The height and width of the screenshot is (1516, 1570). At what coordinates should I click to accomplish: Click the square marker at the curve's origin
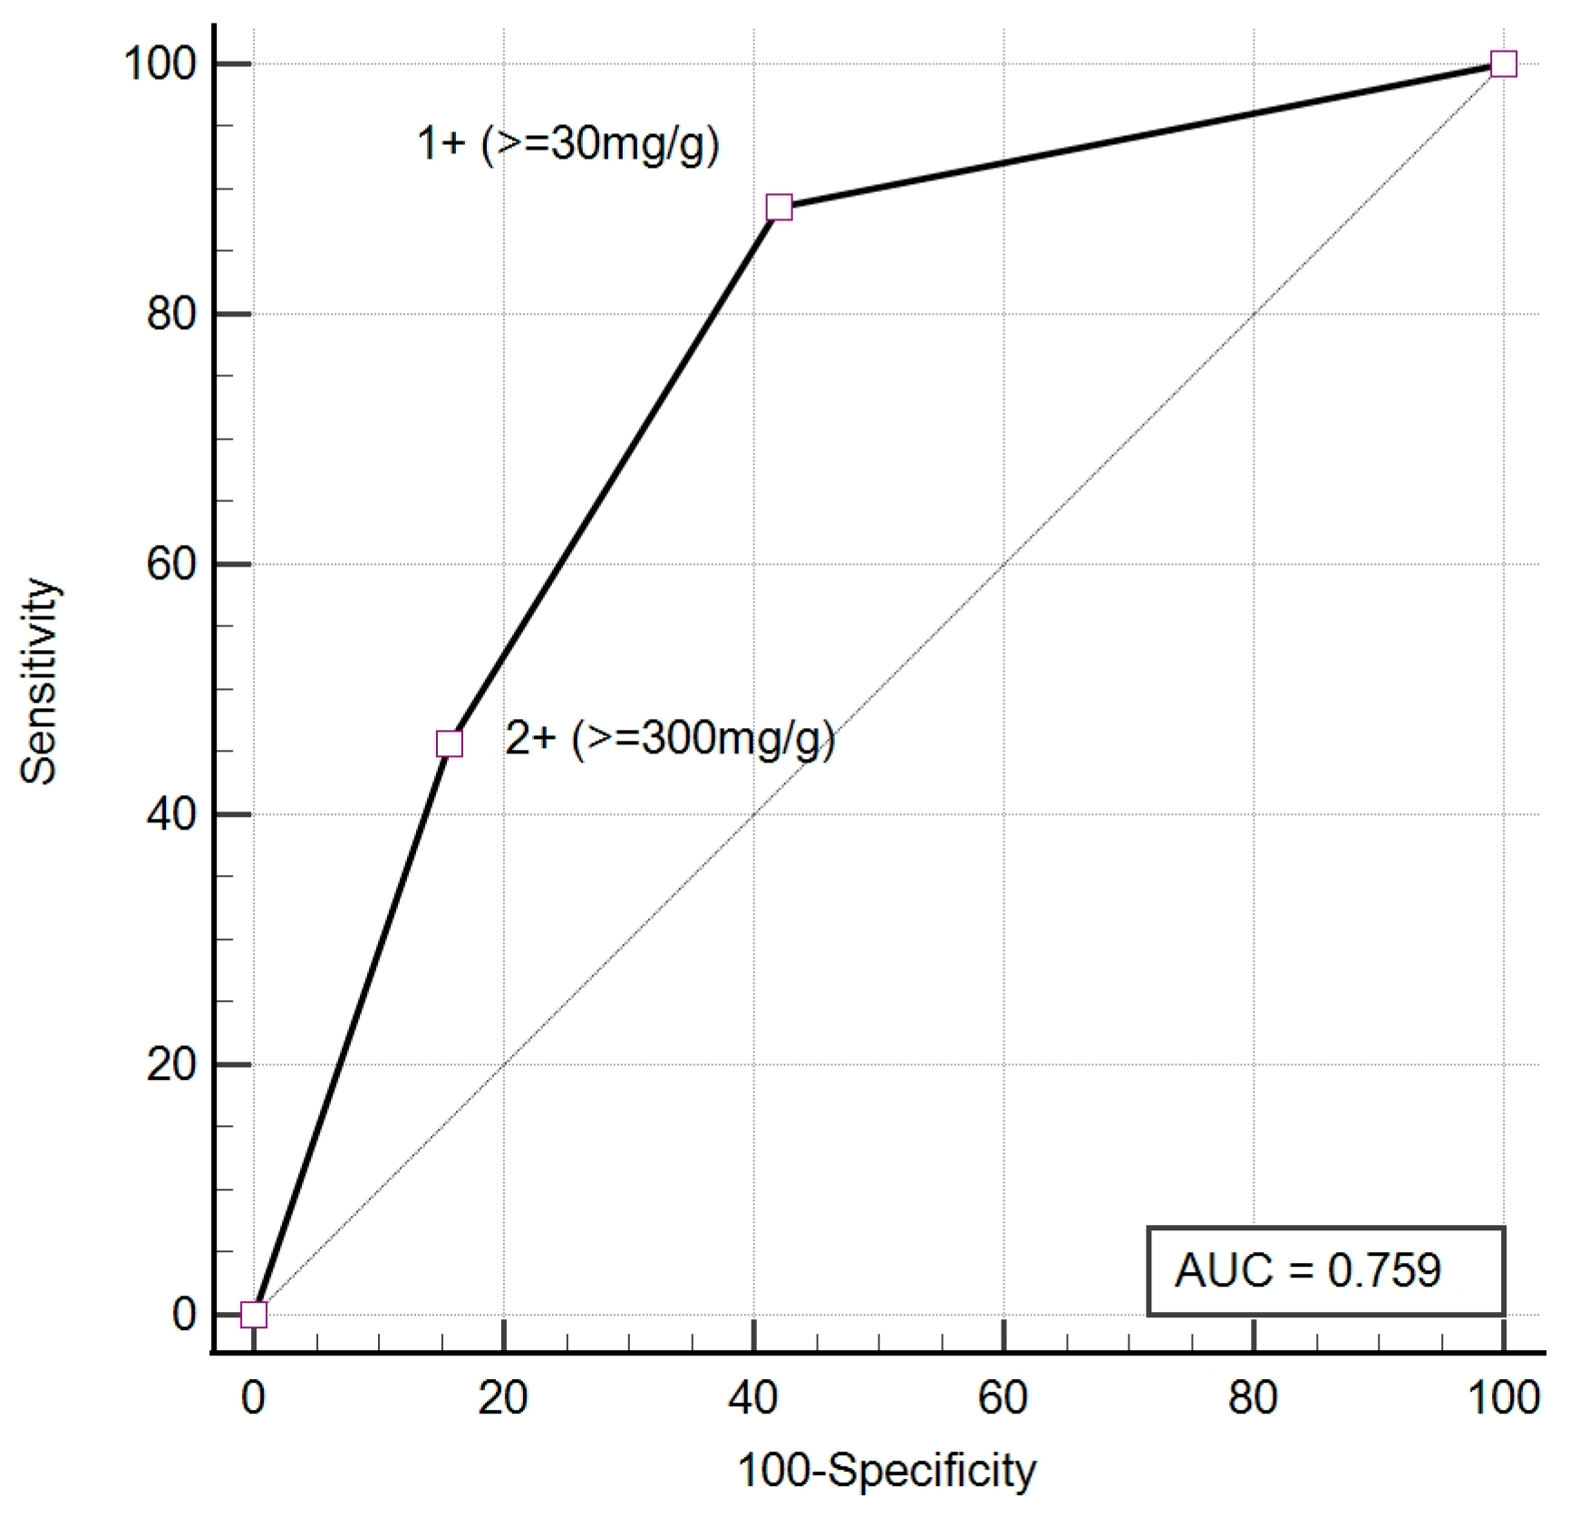click(x=254, y=1315)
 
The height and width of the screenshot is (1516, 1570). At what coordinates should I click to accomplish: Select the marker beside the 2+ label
click(x=450, y=744)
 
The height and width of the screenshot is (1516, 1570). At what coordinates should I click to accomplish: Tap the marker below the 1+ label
click(x=779, y=208)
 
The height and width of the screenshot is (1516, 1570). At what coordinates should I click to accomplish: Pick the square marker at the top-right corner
click(x=1503, y=64)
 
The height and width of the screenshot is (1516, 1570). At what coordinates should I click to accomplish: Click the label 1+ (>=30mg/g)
click(x=567, y=143)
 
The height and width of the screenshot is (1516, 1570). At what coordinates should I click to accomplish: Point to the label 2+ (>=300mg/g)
click(x=669, y=739)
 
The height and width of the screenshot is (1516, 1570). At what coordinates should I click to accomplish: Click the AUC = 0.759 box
click(x=1325, y=1270)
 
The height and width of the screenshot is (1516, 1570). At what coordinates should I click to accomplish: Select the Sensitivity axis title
click(x=40, y=681)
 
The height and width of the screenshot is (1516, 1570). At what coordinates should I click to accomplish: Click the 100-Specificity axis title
click(x=887, y=1470)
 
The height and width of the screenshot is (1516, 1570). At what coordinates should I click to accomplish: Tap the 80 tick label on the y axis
click(x=171, y=315)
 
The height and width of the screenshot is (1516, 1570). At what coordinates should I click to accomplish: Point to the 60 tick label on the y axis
click(x=171, y=565)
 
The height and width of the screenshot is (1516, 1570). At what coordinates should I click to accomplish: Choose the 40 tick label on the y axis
click(x=171, y=814)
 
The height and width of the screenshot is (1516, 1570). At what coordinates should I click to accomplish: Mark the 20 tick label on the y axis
click(x=171, y=1064)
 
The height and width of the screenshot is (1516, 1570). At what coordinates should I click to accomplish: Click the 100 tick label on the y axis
click(x=160, y=64)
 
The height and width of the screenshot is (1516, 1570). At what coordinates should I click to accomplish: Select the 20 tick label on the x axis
click(x=503, y=1398)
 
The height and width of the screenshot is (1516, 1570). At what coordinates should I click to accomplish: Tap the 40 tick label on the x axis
click(x=753, y=1398)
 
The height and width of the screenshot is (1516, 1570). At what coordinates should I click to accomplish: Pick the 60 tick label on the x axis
click(x=1003, y=1398)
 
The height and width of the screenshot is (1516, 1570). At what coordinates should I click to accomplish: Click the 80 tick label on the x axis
click(x=1254, y=1398)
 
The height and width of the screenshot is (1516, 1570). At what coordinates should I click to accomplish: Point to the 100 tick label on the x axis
click(x=1503, y=1398)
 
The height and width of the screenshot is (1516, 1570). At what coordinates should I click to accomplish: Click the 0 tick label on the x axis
click(x=254, y=1398)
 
